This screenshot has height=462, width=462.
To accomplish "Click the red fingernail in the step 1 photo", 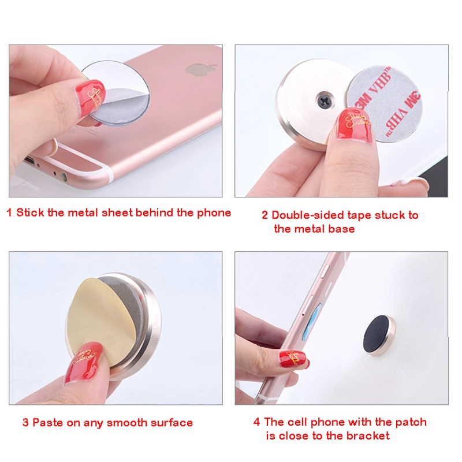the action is [90, 95].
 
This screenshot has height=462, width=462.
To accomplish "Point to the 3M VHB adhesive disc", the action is [385, 104].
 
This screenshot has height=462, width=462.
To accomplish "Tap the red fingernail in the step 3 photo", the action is [84, 362].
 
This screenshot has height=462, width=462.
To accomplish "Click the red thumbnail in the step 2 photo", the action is [355, 124].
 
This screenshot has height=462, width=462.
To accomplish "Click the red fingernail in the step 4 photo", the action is [293, 359].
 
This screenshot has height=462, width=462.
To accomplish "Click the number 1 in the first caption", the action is [9, 213].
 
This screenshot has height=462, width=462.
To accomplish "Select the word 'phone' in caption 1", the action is [214, 213].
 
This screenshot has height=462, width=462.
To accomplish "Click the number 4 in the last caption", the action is [256, 422].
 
